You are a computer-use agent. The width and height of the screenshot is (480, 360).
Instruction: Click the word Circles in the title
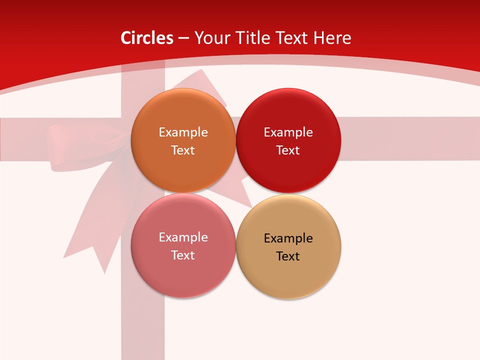tap(147, 38)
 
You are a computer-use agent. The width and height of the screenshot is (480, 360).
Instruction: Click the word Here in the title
tap(332, 38)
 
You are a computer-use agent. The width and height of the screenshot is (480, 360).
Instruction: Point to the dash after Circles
tap(183, 38)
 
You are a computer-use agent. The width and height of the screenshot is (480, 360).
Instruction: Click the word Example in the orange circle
tap(183, 132)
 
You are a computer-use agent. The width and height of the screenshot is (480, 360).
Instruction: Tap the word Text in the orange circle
tap(183, 150)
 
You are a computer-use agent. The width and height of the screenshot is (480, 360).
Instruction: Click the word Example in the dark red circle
tap(288, 132)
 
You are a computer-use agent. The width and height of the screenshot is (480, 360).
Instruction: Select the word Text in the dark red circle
tap(288, 150)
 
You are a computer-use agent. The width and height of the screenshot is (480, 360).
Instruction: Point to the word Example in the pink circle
tap(183, 237)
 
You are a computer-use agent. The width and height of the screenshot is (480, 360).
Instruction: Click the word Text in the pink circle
tap(183, 255)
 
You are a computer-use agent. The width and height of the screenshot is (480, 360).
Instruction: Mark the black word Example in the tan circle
tap(288, 238)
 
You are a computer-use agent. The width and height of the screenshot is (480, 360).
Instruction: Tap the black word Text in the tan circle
tap(288, 256)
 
